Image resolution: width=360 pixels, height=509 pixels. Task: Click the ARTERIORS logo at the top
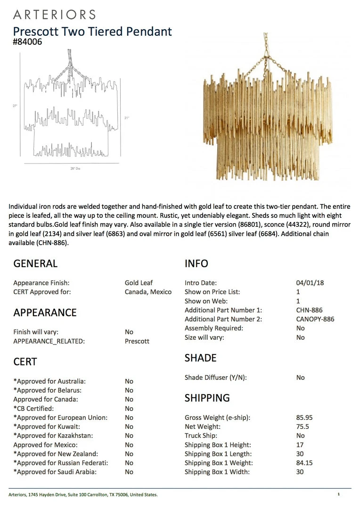click(x=54, y=15)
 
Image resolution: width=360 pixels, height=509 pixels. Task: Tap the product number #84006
click(x=28, y=42)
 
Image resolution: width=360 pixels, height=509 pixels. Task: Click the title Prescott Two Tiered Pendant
click(x=92, y=32)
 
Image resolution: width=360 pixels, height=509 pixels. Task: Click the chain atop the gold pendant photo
click(x=266, y=52)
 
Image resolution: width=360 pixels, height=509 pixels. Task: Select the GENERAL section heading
click(x=35, y=263)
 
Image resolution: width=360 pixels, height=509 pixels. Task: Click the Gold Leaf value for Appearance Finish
click(x=139, y=283)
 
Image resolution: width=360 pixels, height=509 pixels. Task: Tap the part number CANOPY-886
click(x=315, y=319)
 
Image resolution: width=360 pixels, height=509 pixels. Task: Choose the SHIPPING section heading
click(x=207, y=398)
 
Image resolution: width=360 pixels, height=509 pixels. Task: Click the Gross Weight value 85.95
click(x=304, y=418)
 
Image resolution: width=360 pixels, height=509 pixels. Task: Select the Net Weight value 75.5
click(x=303, y=427)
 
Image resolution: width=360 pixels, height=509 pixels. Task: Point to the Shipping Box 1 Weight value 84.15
click(x=304, y=463)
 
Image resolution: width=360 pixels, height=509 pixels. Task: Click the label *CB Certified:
click(x=33, y=409)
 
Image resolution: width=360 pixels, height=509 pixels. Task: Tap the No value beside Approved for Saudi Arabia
click(x=129, y=472)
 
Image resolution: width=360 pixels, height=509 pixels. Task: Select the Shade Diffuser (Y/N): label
click(x=216, y=378)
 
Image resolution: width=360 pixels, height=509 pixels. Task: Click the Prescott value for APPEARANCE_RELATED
click(x=137, y=341)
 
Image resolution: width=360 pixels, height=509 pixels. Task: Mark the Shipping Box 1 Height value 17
click(x=300, y=445)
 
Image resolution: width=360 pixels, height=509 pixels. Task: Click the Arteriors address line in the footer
click(x=83, y=494)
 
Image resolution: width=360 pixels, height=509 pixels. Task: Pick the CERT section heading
click(x=25, y=361)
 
